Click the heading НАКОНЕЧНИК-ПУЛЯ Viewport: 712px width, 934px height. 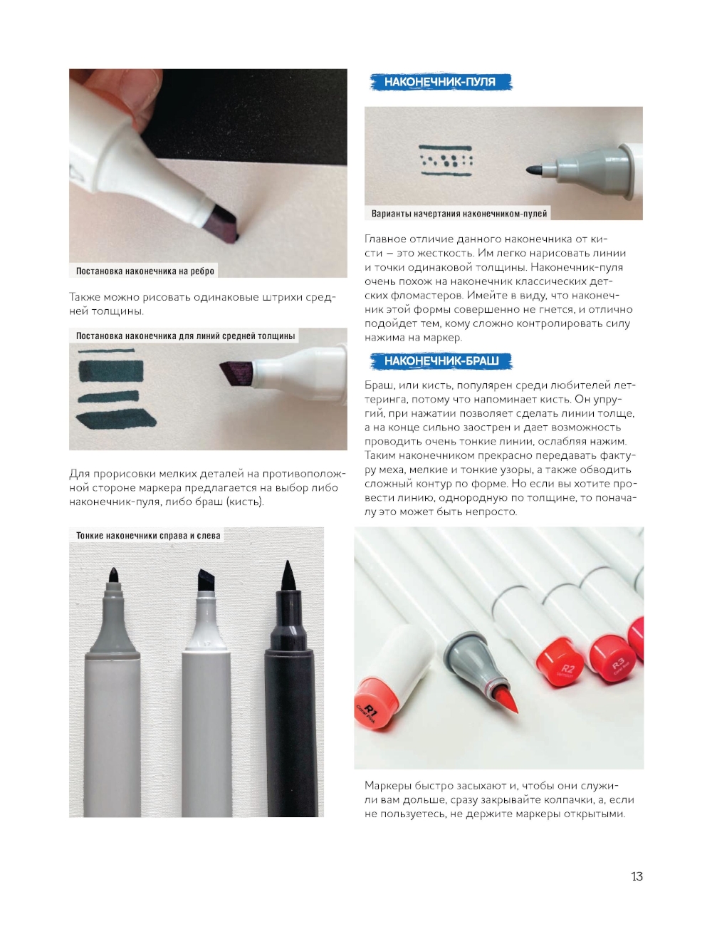point(439,82)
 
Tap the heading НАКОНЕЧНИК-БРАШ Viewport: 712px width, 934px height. point(441,360)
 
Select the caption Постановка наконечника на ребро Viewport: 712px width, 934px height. point(145,271)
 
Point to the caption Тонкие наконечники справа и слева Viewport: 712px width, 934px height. point(148,535)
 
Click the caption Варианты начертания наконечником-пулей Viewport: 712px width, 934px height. point(459,214)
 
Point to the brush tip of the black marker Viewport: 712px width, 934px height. point(288,576)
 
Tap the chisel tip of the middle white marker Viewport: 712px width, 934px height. point(209,579)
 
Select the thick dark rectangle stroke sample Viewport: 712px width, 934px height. point(111,371)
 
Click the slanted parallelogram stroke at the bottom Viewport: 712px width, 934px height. point(116,419)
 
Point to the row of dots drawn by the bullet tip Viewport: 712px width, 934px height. point(446,160)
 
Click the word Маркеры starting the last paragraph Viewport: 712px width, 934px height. point(387,786)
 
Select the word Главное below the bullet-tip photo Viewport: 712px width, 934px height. point(387,239)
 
